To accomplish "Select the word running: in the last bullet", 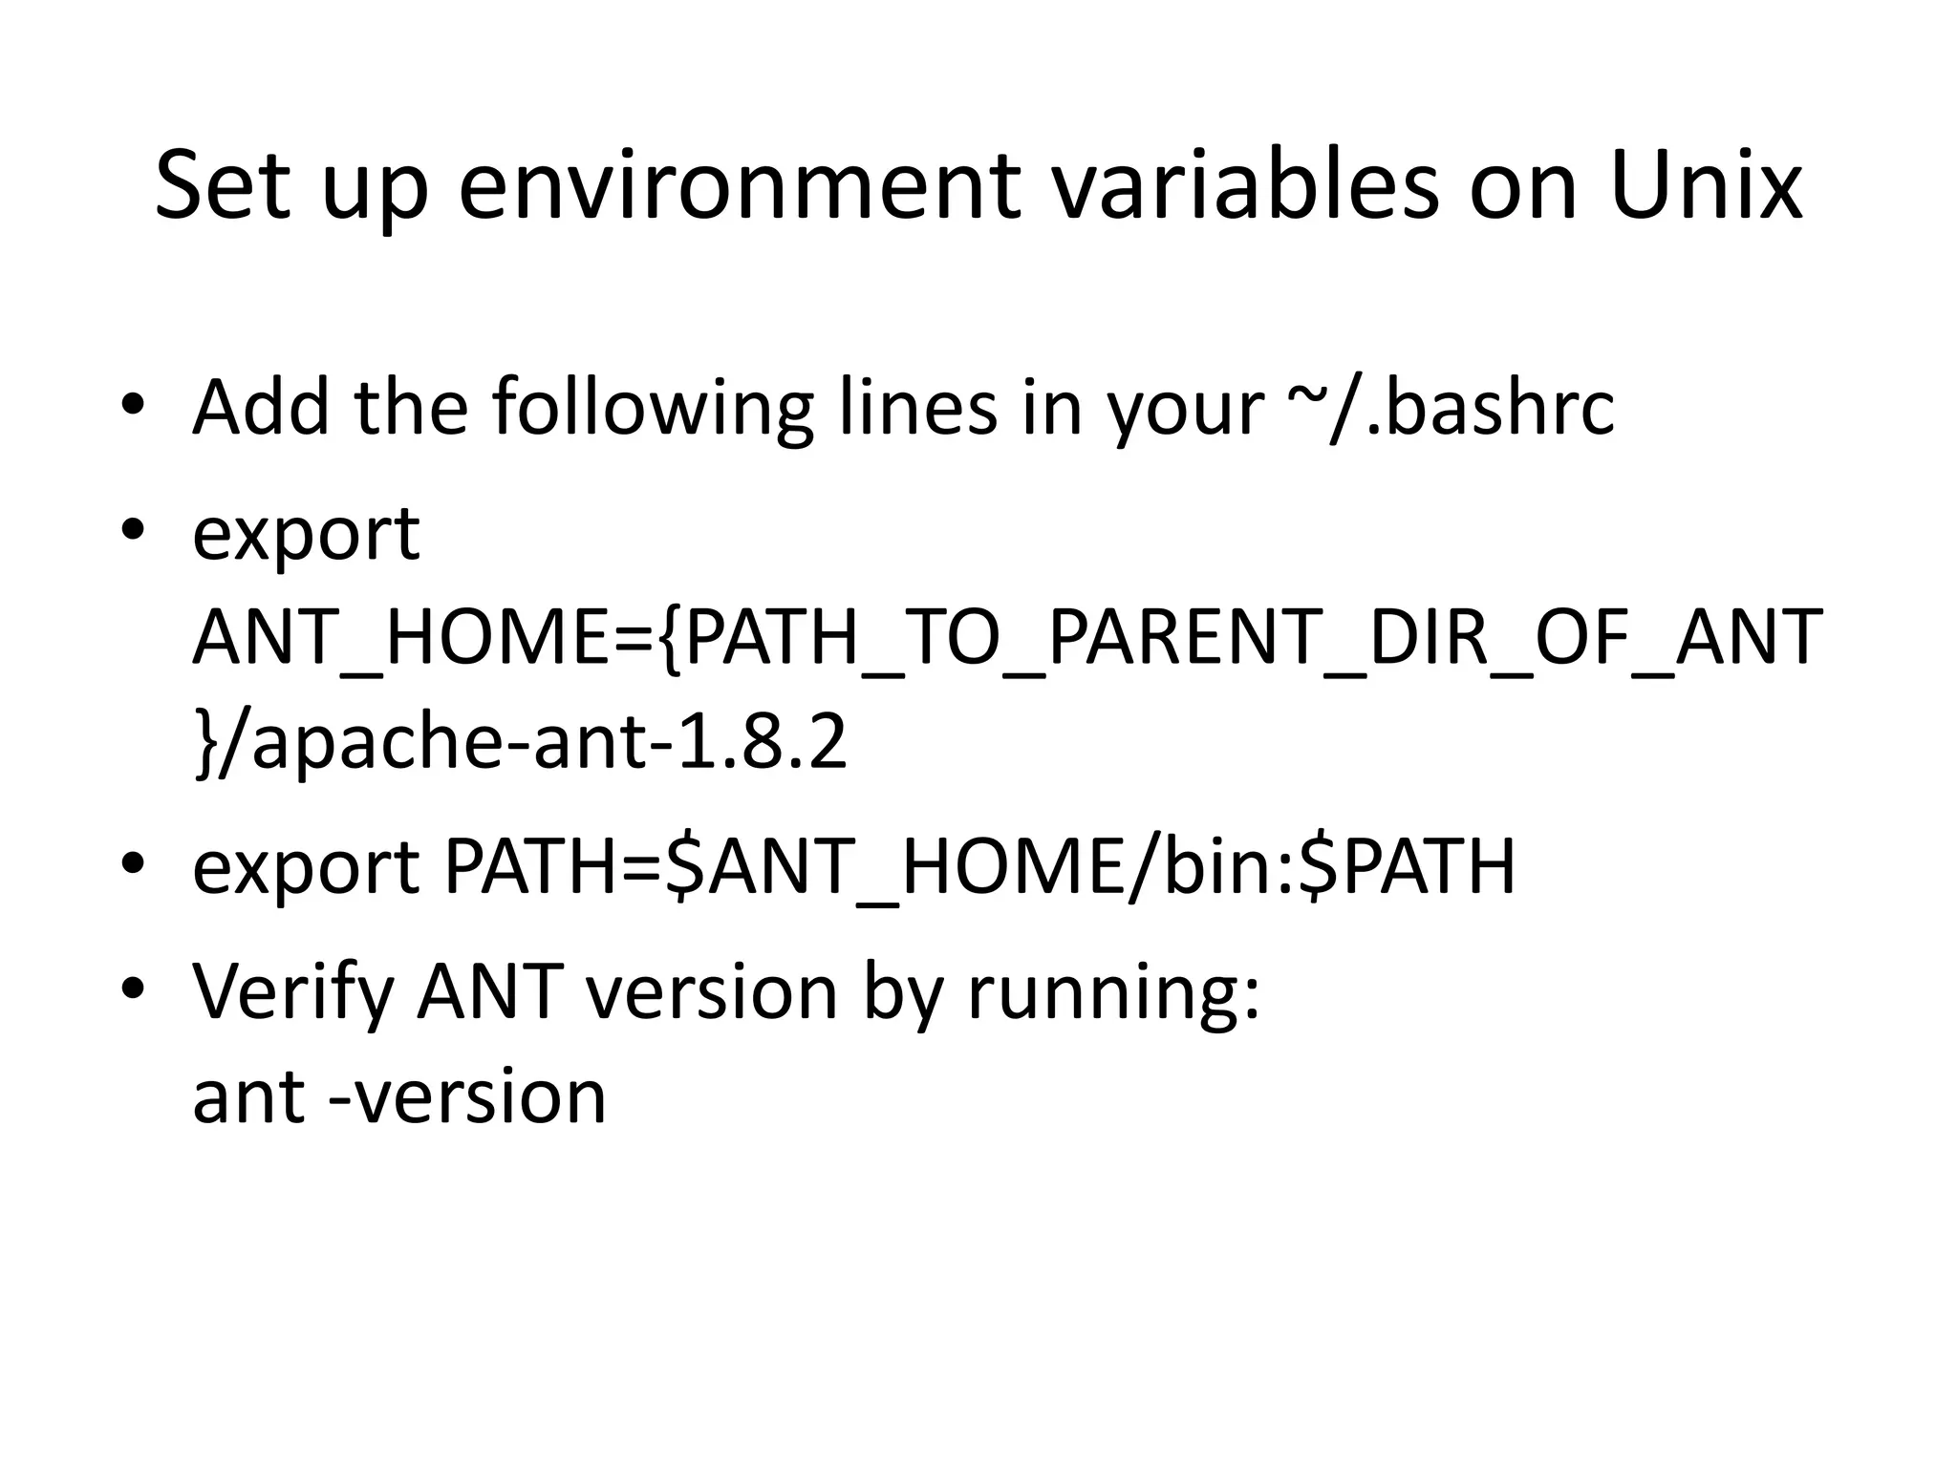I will tap(1114, 993).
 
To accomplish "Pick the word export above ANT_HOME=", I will tap(306, 535).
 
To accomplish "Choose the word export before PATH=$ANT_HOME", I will tap(306, 867).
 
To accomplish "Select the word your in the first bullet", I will tap(1185, 408).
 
